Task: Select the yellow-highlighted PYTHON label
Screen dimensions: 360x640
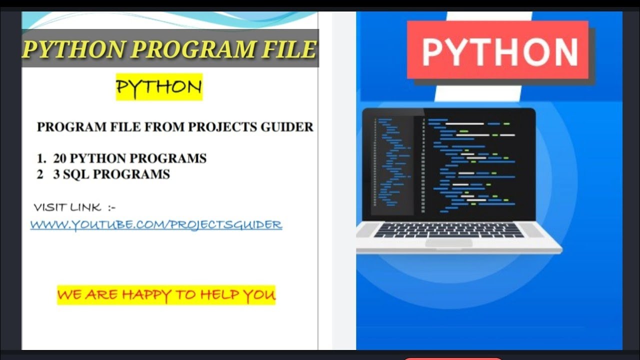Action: (159, 87)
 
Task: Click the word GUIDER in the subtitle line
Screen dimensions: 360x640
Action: (287, 127)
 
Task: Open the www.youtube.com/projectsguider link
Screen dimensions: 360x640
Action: (156, 224)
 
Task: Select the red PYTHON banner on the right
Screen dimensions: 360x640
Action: (497, 50)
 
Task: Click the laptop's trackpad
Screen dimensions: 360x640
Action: (448, 242)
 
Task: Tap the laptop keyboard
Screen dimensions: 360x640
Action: (448, 230)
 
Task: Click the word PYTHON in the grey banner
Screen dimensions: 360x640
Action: (74, 49)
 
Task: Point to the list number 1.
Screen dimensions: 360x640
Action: (40, 158)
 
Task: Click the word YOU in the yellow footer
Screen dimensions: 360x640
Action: (259, 294)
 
